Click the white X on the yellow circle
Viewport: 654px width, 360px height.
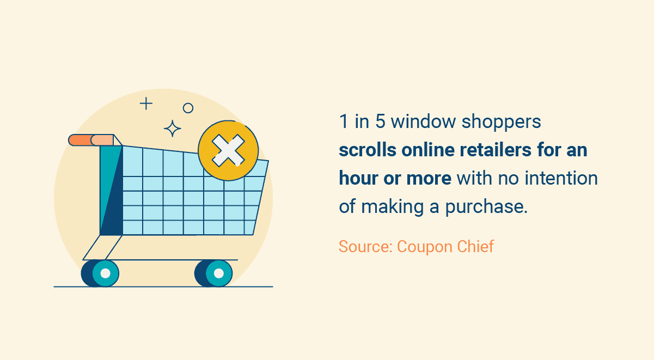228,150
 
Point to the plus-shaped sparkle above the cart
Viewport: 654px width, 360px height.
146,103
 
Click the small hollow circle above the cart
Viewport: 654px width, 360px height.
188,108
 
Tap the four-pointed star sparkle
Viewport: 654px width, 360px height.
173,129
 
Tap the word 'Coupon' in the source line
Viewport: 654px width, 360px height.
423,247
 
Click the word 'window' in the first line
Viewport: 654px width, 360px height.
423,121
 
